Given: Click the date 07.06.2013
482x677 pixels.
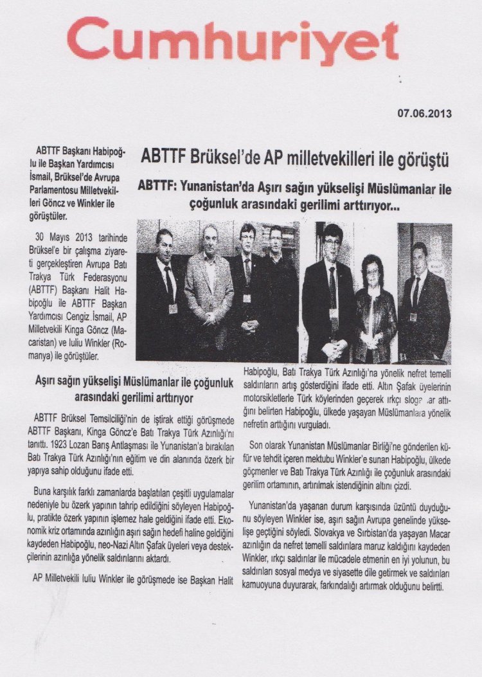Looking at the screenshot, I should click(424, 114).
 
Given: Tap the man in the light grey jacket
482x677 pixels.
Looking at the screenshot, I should click(208, 283).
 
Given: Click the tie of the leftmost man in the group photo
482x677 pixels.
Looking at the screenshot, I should click(168, 280).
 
